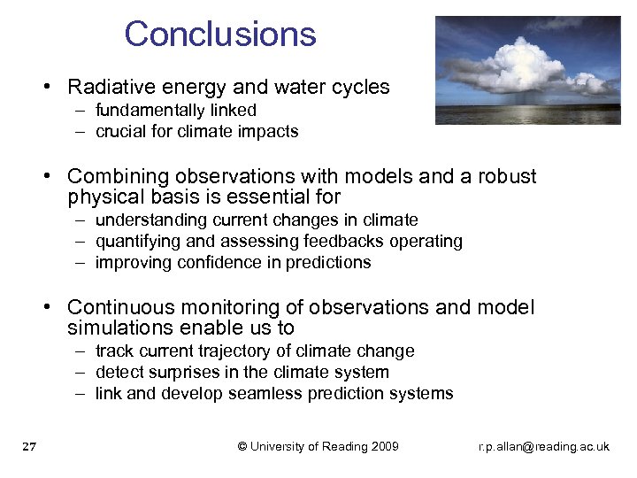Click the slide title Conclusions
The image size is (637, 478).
click(x=220, y=35)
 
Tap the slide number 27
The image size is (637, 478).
click(x=28, y=447)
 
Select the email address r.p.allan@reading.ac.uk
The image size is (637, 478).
click(x=543, y=447)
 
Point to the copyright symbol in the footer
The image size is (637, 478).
click(x=242, y=446)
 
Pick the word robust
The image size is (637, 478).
click(x=507, y=176)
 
